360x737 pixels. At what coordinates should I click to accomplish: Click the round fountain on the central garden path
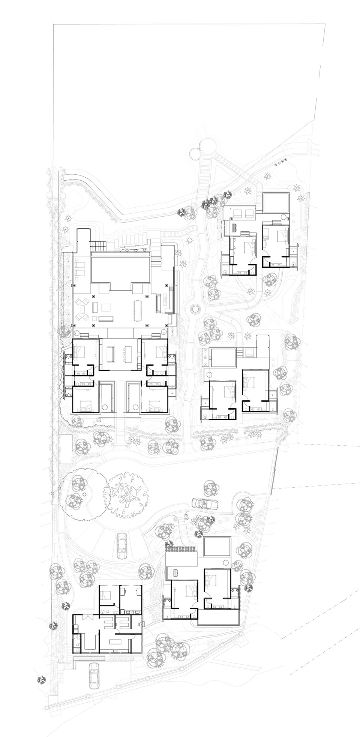[195, 309]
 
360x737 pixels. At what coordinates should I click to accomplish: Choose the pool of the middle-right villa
[223, 358]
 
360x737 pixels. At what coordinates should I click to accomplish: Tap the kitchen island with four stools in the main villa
[127, 354]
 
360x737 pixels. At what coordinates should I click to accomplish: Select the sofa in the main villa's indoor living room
[111, 354]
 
